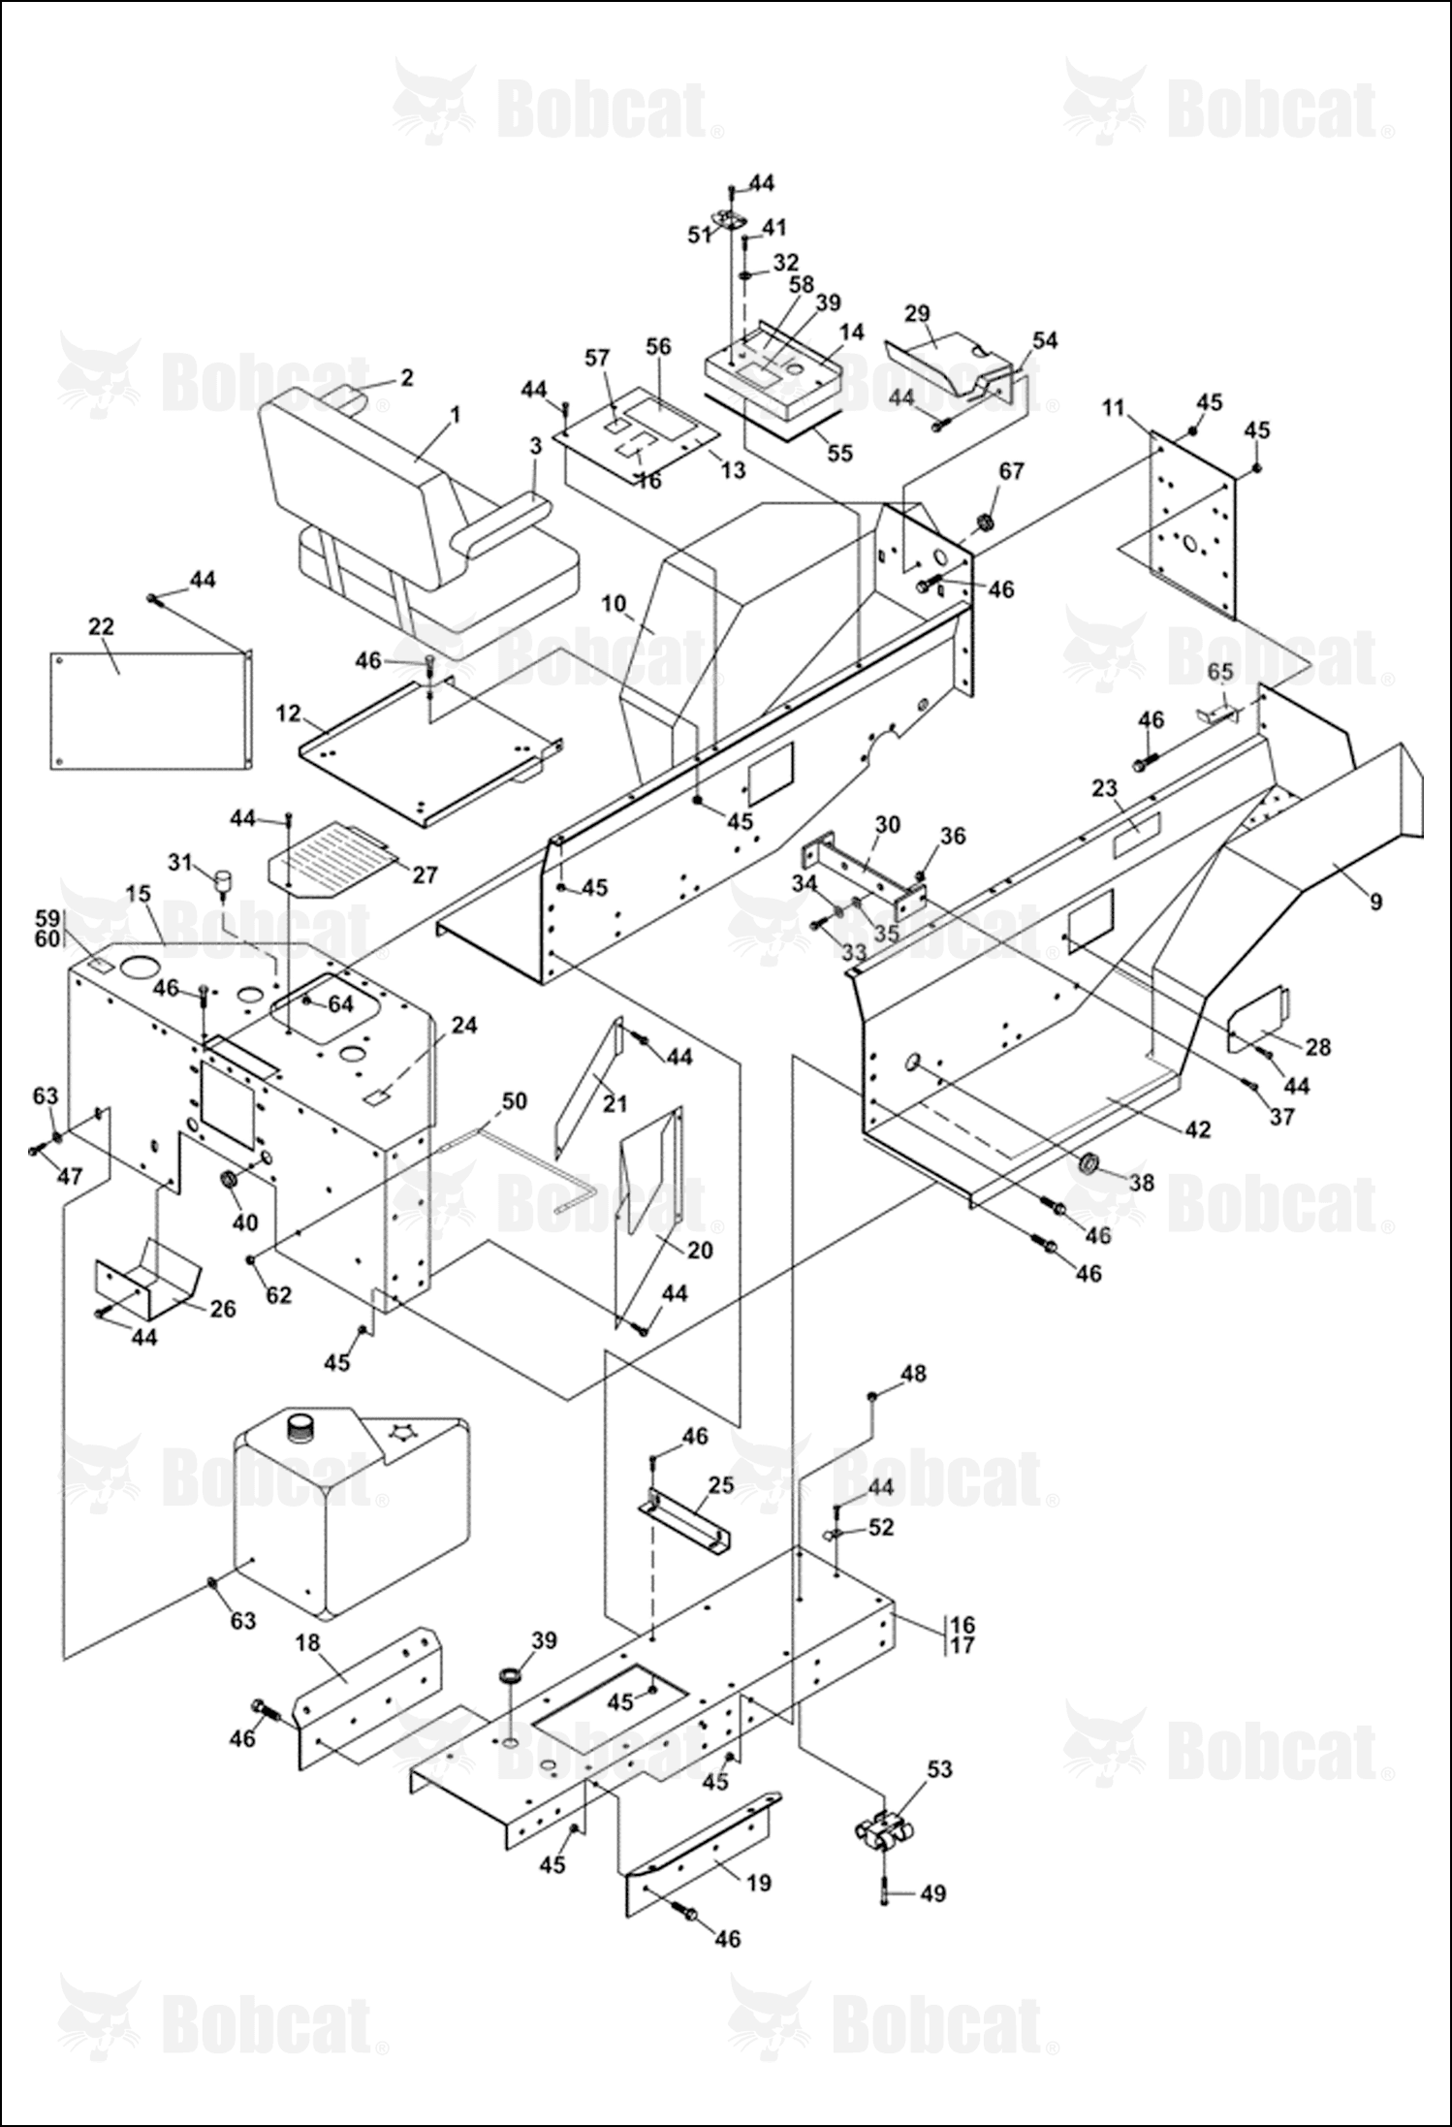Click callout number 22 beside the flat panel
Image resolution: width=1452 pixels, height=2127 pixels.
pyautogui.click(x=101, y=627)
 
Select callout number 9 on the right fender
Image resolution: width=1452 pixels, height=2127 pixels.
pyautogui.click(x=1375, y=903)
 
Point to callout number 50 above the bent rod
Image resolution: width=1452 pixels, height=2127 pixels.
pyautogui.click(x=514, y=1100)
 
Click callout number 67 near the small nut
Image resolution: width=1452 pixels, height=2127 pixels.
pyautogui.click(x=1011, y=471)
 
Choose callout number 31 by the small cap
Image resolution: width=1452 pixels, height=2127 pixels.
pyautogui.click(x=180, y=861)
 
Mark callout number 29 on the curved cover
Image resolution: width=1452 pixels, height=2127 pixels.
pyautogui.click(x=917, y=314)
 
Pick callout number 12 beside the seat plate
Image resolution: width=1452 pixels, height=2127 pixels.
pyautogui.click(x=288, y=714)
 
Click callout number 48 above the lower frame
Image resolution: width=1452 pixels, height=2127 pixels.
pyautogui.click(x=912, y=1374)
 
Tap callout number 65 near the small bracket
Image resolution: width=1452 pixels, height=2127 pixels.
pyautogui.click(x=1219, y=672)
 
